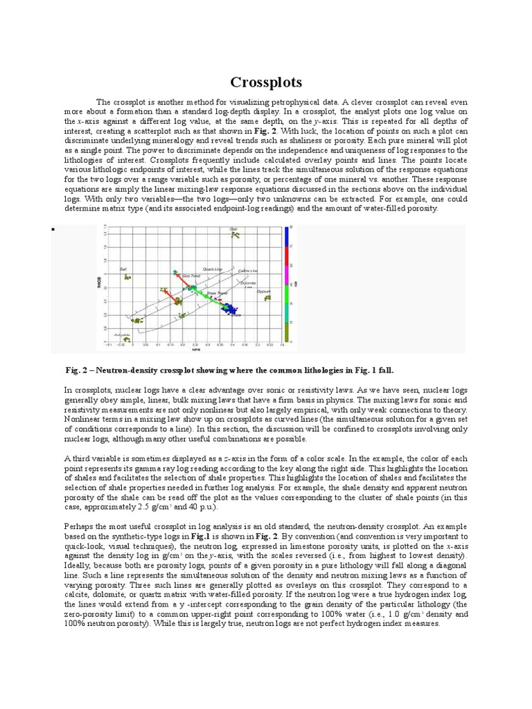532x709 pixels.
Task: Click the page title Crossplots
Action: [266, 82]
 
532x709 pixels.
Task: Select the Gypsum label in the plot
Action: [263, 293]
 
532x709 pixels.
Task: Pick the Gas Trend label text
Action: [190, 276]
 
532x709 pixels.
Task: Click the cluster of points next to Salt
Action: [127, 277]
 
